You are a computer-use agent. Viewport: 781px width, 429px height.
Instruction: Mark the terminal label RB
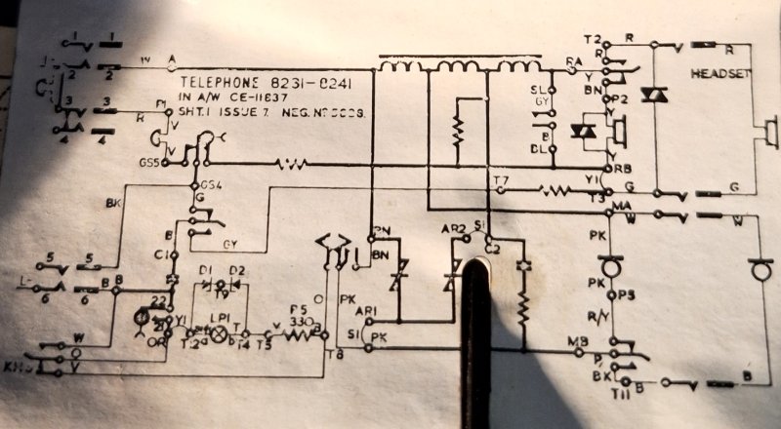click(x=623, y=168)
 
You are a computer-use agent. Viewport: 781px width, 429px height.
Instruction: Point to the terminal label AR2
click(x=451, y=229)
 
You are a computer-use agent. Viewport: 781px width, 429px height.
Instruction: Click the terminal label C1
click(x=160, y=254)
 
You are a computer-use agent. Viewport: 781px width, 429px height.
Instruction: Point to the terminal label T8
click(x=338, y=355)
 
